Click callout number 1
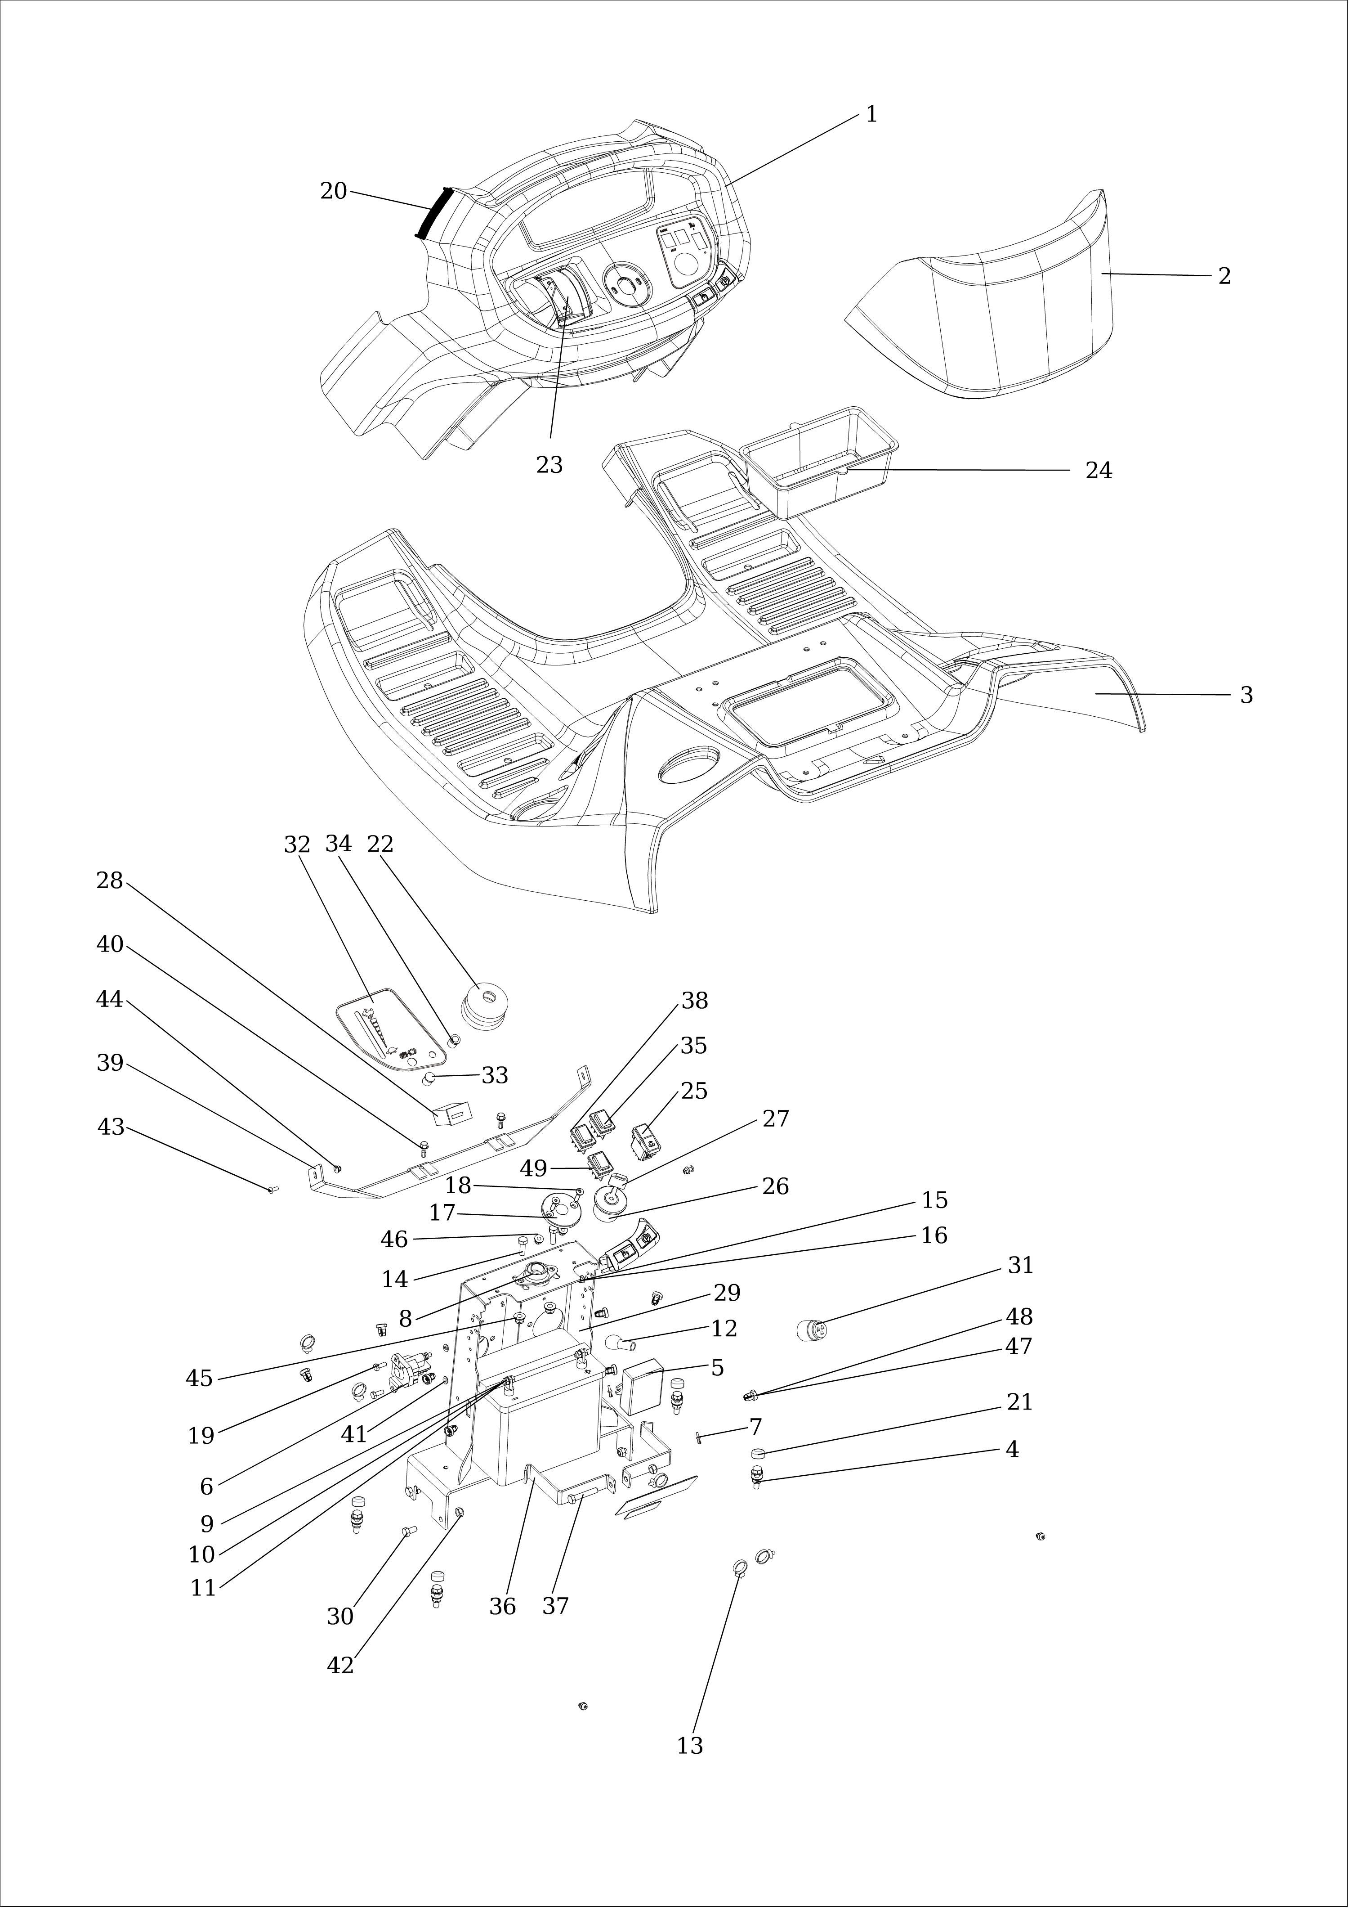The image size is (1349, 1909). coord(871,115)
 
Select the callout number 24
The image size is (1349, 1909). coord(1098,471)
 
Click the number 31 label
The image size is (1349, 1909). coord(1020,1266)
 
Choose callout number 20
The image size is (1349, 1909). coord(333,191)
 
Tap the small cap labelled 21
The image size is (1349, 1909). coord(758,1453)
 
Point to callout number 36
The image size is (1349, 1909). coord(502,1606)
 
